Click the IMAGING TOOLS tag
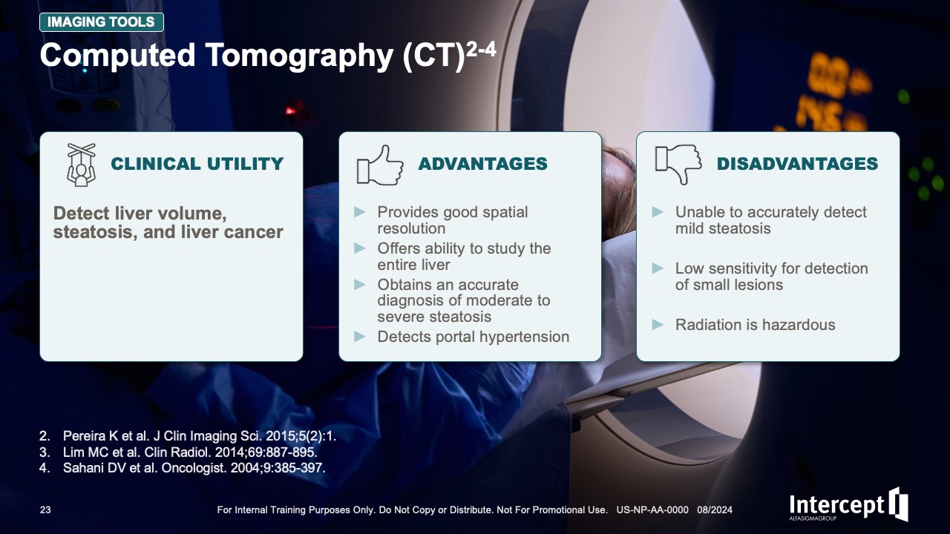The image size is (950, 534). (102, 22)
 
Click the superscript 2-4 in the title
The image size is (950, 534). (481, 50)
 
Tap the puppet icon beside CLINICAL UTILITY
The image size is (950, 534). (81, 165)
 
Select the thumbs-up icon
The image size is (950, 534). (380, 165)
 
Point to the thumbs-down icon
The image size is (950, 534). (678, 165)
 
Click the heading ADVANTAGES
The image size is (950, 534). (482, 164)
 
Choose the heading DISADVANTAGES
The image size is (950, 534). (797, 164)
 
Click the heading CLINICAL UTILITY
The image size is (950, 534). (197, 164)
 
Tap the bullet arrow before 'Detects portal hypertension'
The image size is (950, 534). (360, 337)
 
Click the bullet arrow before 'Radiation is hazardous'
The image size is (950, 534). (658, 325)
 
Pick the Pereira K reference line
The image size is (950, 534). (188, 435)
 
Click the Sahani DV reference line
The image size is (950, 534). (183, 468)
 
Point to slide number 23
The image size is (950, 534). (45, 510)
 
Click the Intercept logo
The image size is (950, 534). (848, 504)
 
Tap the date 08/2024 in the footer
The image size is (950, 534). (715, 510)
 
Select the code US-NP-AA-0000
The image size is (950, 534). (652, 510)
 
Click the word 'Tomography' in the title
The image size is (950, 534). (299, 56)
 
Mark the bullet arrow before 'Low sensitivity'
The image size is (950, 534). (658, 268)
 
